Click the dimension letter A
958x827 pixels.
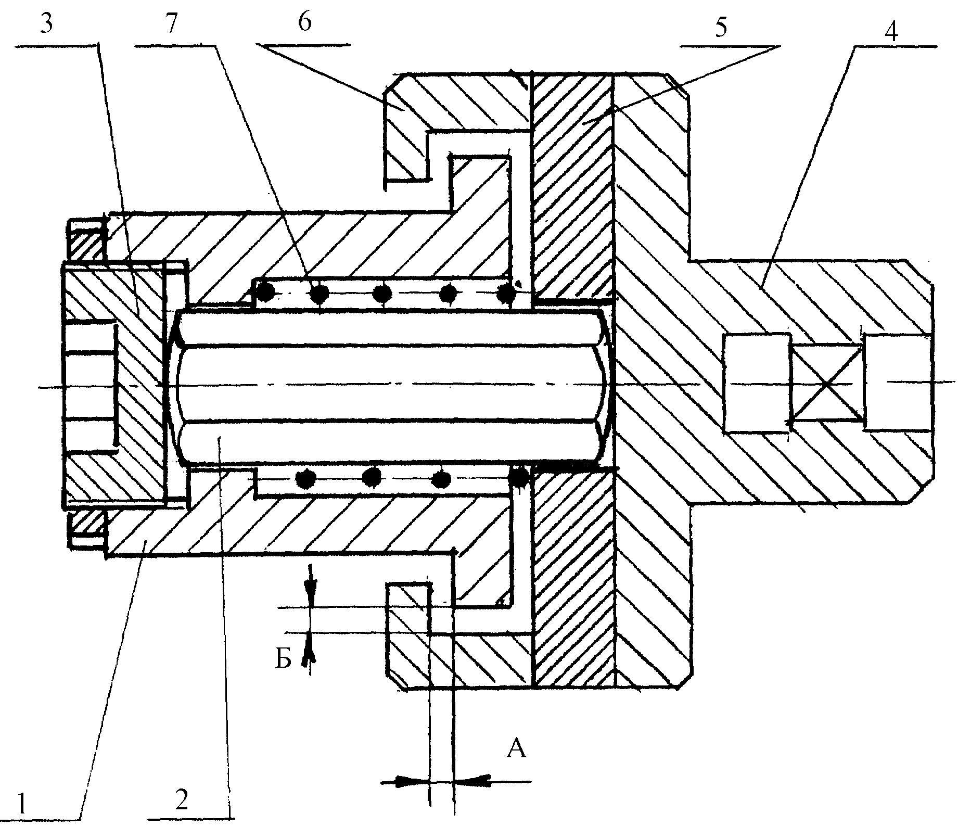pos(517,750)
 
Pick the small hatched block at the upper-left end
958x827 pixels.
pos(85,243)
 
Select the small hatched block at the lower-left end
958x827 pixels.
pos(86,528)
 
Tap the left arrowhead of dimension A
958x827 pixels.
pos(414,780)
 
